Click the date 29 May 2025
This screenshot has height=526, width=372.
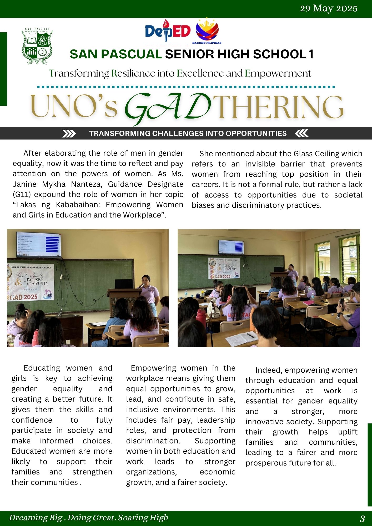(329, 9)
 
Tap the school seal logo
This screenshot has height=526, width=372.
(37, 46)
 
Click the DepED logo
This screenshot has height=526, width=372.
(168, 31)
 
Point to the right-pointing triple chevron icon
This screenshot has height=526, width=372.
(69, 134)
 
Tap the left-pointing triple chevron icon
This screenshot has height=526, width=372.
(301, 134)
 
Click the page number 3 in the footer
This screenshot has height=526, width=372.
(362, 519)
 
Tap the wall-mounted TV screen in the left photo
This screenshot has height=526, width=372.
(38, 245)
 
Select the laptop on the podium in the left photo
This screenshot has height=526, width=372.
(124, 284)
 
